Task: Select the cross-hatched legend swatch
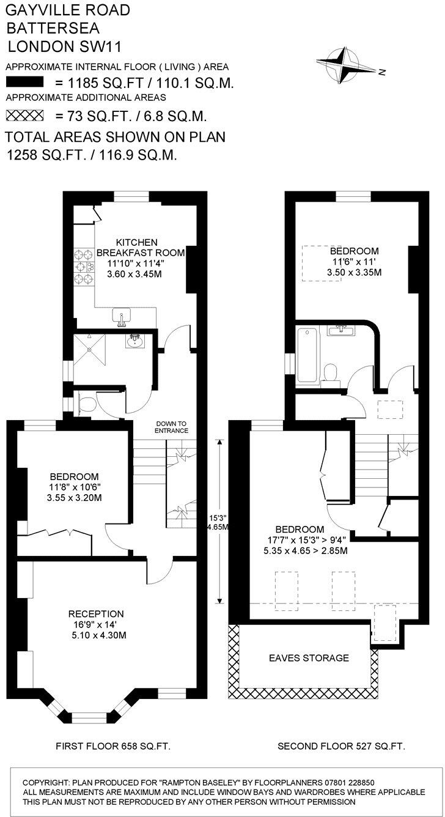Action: pyautogui.click(x=25, y=114)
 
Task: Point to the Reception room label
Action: pyautogui.click(x=96, y=613)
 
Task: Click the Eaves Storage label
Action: pyautogui.click(x=309, y=658)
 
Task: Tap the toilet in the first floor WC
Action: pyautogui.click(x=86, y=404)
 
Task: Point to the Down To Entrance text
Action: pyautogui.click(x=171, y=427)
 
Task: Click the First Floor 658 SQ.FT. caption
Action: pyautogui.click(x=112, y=746)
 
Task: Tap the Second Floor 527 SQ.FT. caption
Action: pyautogui.click(x=341, y=746)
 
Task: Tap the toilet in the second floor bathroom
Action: pyautogui.click(x=331, y=372)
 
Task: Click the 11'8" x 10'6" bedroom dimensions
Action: pyautogui.click(x=75, y=487)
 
